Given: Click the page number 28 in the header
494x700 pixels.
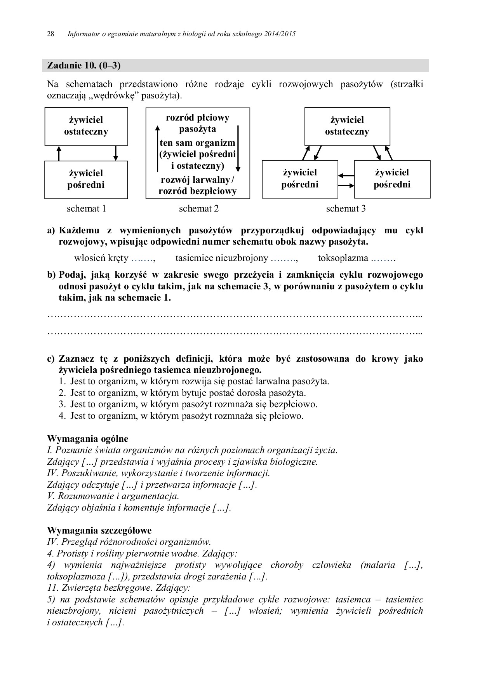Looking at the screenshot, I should point(50,34).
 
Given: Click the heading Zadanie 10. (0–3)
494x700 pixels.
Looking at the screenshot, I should point(83,65).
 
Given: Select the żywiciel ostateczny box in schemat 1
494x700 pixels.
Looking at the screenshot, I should point(86,126).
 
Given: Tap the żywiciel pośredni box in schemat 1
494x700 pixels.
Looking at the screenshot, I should point(86,179).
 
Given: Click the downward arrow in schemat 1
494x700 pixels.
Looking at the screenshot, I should point(115,153).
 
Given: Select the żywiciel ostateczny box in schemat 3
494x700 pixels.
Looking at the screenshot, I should point(347,126).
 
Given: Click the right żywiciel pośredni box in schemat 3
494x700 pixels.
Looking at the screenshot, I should point(392,178).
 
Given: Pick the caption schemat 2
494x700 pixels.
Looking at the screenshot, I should point(198,208).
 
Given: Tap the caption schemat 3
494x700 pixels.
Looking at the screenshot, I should point(346,208).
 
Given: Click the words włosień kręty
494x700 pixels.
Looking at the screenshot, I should point(101,258).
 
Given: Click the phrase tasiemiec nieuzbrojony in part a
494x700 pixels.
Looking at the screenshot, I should point(221,258).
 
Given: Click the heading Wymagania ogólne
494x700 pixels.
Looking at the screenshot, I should point(87,439).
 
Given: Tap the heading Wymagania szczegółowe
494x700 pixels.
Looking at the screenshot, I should point(99,530).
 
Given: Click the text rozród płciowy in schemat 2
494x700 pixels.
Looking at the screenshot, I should point(197,118).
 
